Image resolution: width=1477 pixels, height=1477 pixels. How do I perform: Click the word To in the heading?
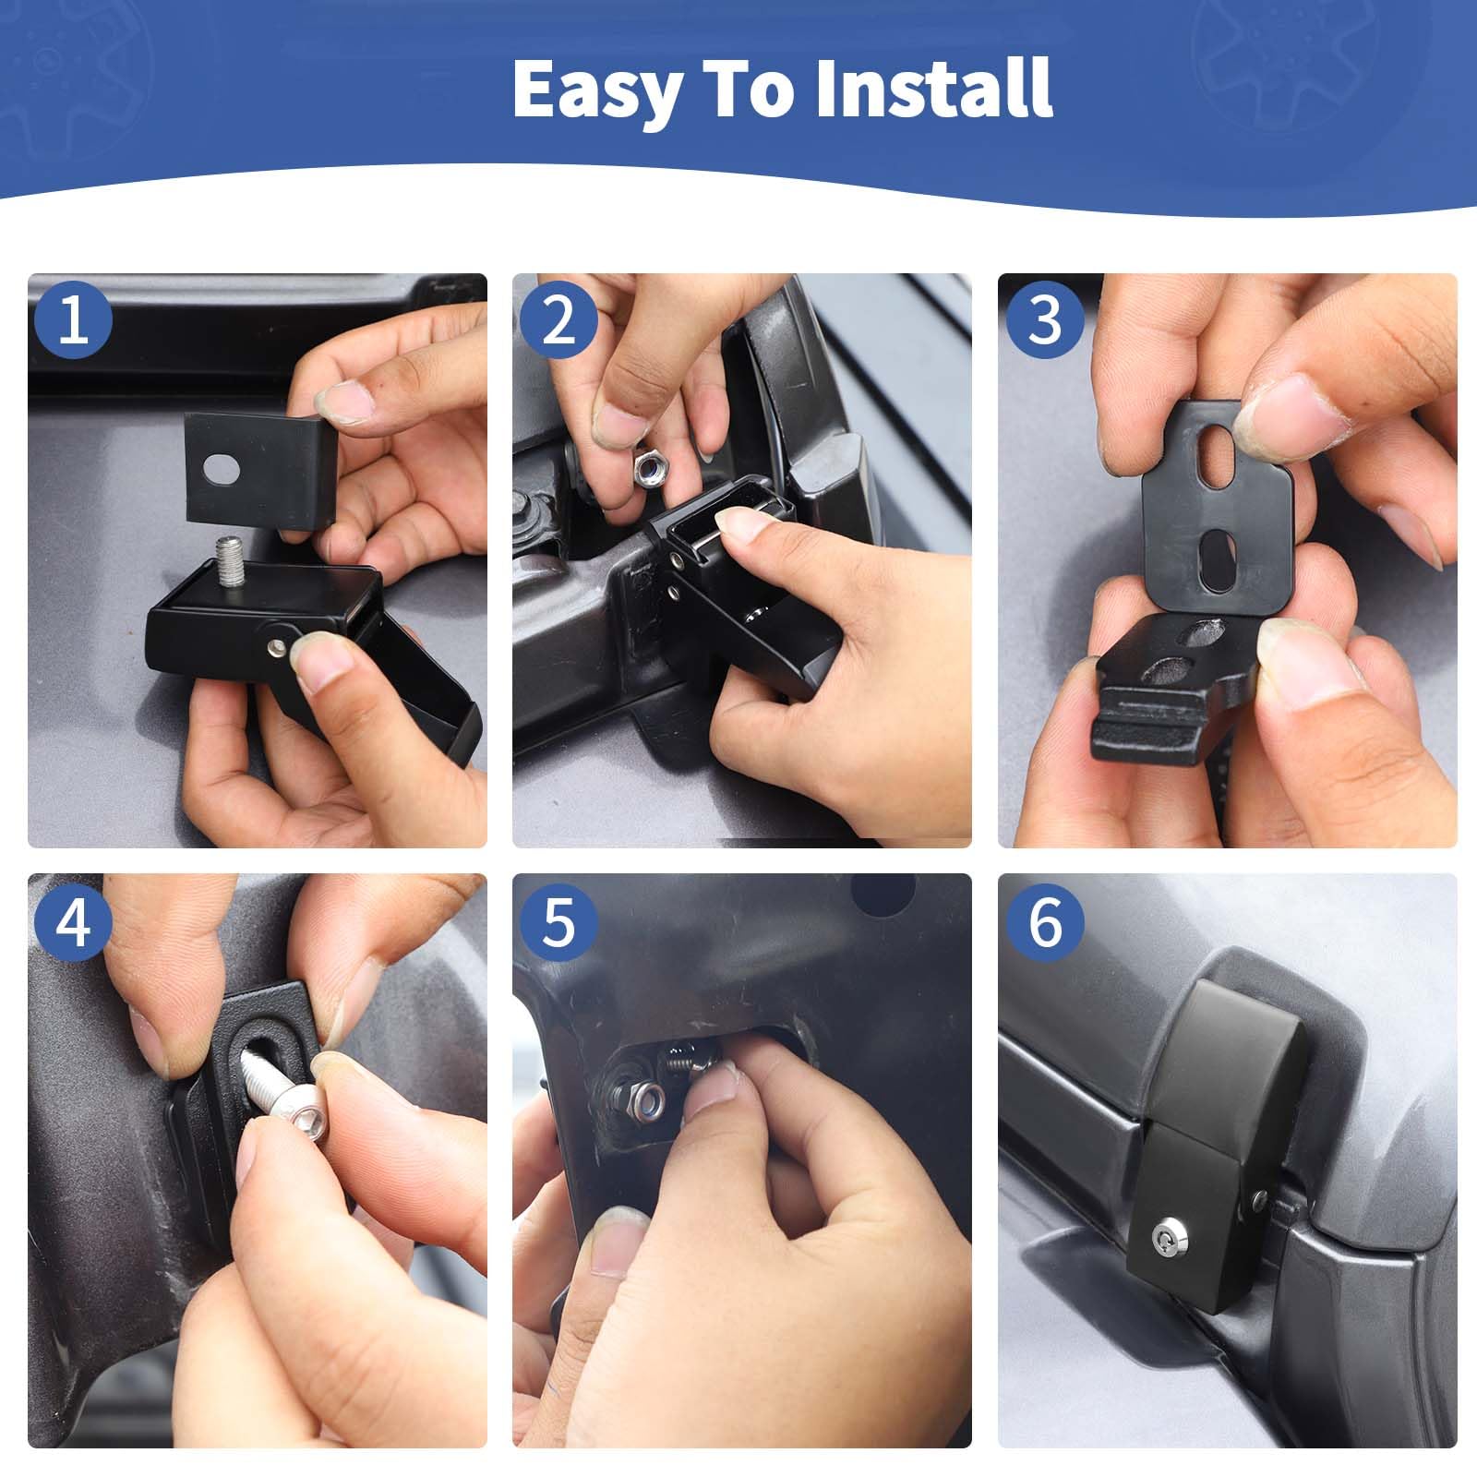pos(746,89)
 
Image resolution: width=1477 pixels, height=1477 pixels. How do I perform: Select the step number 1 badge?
pos(73,321)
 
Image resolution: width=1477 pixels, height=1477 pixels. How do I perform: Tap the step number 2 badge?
pos(558,321)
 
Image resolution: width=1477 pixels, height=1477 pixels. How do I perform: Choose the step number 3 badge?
pos(1044,321)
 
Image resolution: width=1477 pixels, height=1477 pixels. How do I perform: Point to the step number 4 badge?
pos(73,922)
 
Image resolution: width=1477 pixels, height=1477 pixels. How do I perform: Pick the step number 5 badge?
pos(558,922)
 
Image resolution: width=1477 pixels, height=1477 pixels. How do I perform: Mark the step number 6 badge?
pos(1044,922)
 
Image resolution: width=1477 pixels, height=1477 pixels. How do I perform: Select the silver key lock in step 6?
pos(1164,1232)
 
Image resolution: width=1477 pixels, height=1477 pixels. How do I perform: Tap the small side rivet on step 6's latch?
pos(1260,1200)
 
